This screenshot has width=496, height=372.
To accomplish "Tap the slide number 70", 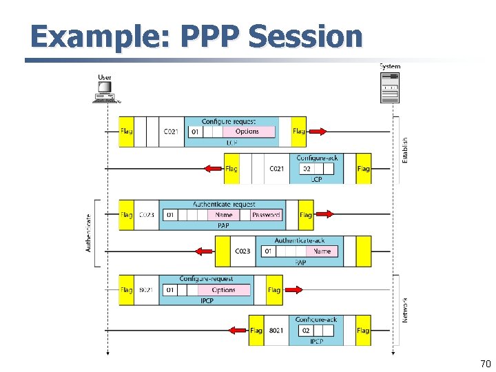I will tap(485, 363).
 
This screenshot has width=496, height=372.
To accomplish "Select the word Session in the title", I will tap(304, 37).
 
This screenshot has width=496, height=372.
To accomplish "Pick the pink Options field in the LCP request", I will tap(247, 132).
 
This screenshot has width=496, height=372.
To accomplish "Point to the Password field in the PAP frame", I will tap(266, 215).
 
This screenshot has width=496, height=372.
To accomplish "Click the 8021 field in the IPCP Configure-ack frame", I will tap(276, 331).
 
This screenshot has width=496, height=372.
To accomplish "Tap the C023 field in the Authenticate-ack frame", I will tap(242, 251).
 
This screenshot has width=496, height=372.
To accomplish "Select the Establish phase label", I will tap(404, 150).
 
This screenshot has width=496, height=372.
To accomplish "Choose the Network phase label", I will tap(404, 310).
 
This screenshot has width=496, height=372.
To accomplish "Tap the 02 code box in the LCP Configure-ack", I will tap(307, 169).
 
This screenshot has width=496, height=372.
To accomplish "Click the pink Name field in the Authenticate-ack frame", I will tap(322, 251).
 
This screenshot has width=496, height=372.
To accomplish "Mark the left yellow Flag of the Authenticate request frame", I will tap(127, 215).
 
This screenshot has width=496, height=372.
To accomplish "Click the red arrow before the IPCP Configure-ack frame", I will tap(238, 331).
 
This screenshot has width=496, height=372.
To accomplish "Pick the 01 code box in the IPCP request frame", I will tap(169, 290).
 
